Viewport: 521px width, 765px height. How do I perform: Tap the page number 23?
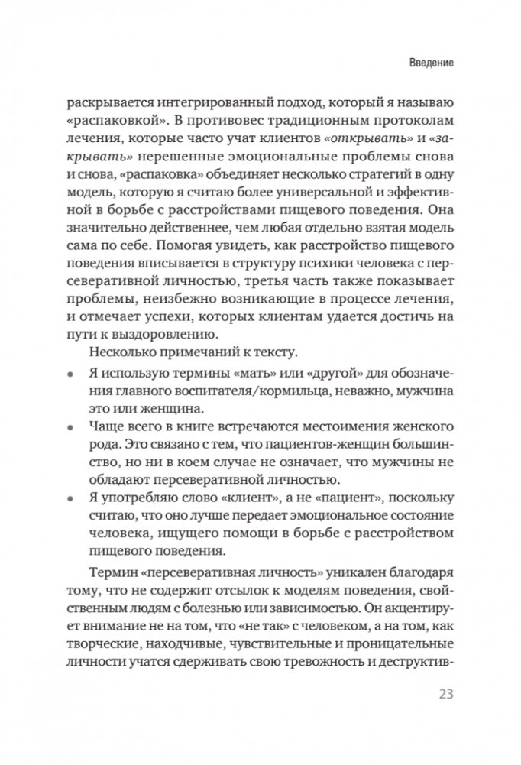point(445,694)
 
